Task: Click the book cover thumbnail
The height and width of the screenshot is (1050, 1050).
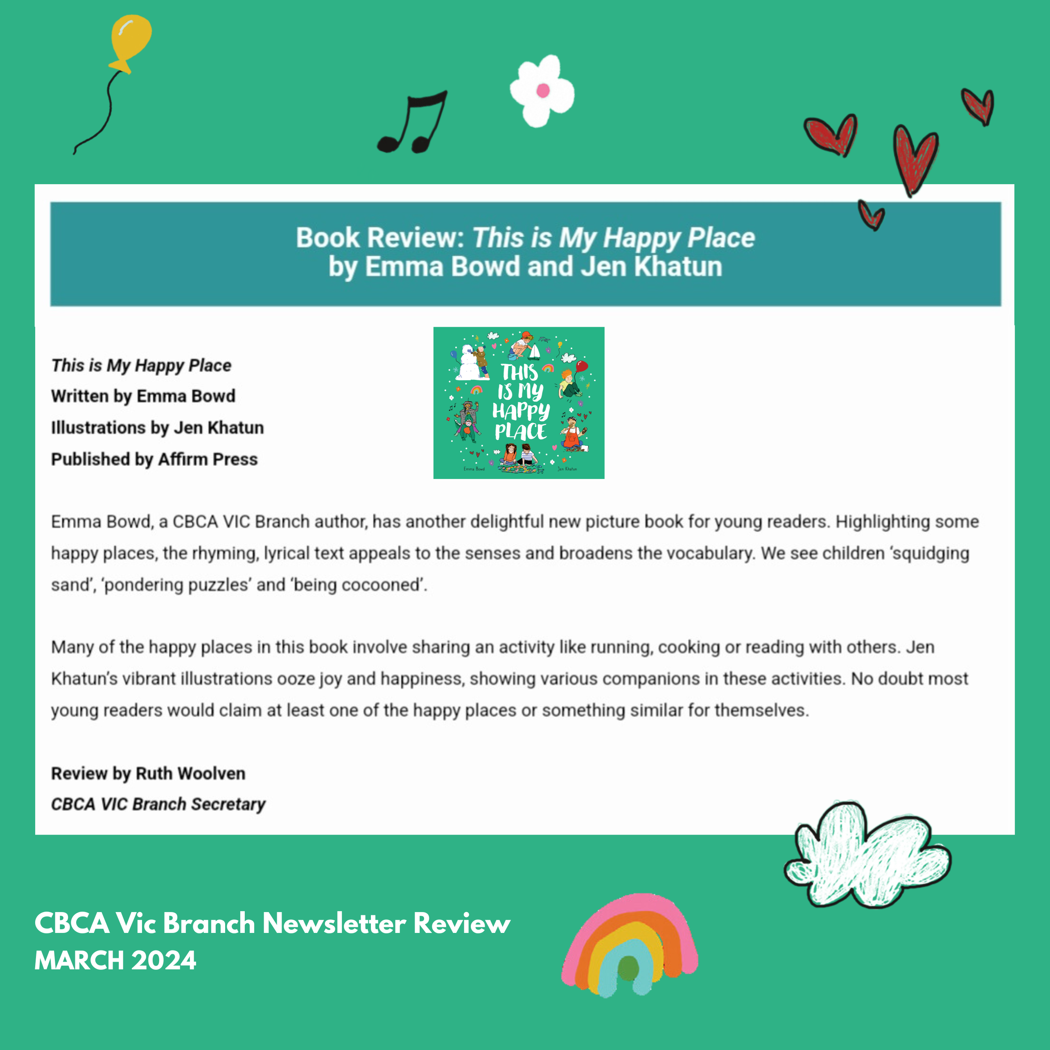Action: click(x=519, y=403)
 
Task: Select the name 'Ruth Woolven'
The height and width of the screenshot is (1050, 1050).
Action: click(x=190, y=773)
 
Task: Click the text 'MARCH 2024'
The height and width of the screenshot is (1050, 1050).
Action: click(x=115, y=961)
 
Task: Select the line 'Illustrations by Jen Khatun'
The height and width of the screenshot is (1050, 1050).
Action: click(x=157, y=428)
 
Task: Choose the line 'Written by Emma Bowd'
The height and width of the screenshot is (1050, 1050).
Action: click(x=143, y=396)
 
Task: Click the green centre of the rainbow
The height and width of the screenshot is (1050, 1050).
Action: click(x=628, y=969)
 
